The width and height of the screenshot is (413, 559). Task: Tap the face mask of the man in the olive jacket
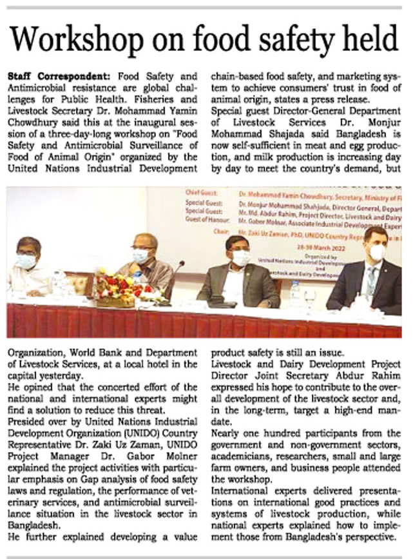(x=241, y=258)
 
